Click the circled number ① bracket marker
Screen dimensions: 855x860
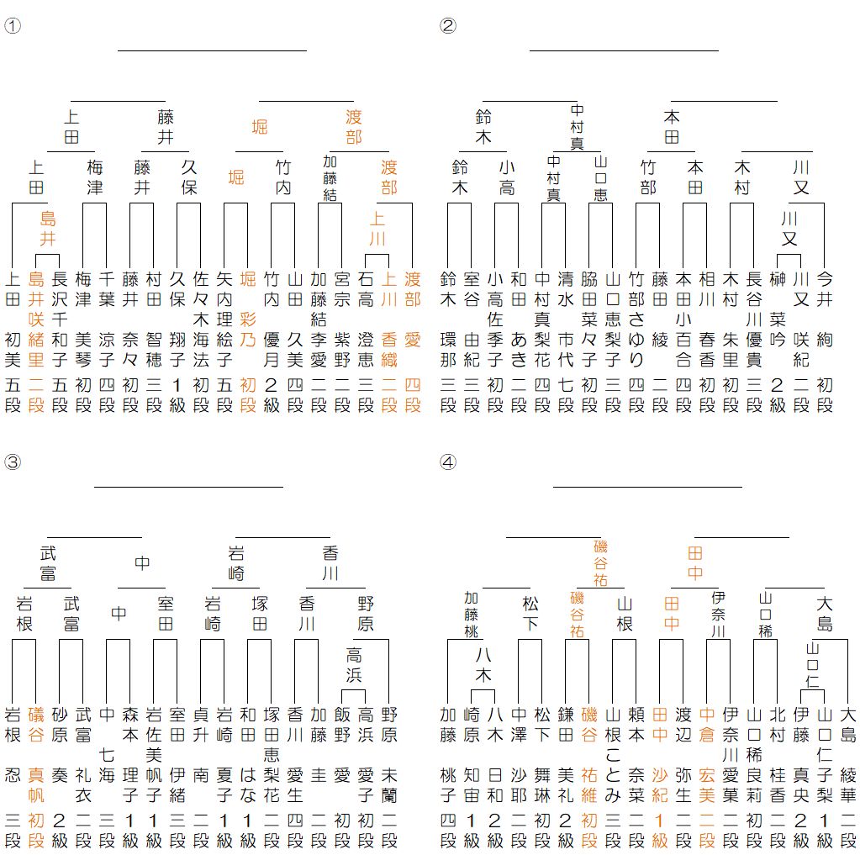coord(12,24)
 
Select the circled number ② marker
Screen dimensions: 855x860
coord(447,24)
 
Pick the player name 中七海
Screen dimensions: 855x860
coord(107,757)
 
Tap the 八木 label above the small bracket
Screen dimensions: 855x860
coord(483,664)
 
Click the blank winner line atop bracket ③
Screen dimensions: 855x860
coord(188,486)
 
